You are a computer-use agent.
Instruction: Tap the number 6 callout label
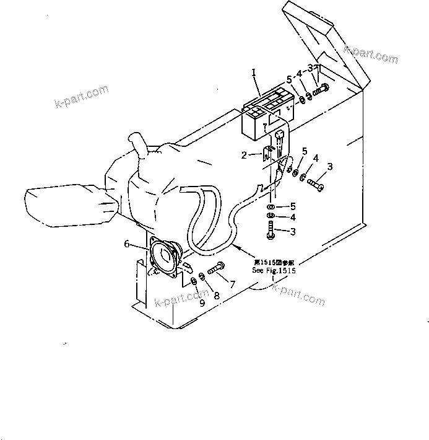click(127, 244)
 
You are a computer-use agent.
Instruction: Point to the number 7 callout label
click(233, 284)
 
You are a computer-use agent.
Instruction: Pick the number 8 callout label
click(216, 296)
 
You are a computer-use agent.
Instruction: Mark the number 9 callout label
click(202, 304)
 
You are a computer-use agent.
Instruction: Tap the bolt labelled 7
click(213, 271)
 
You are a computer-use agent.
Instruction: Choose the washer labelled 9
click(194, 283)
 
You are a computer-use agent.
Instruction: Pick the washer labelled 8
click(205, 277)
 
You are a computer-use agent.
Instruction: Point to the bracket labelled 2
click(267, 156)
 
